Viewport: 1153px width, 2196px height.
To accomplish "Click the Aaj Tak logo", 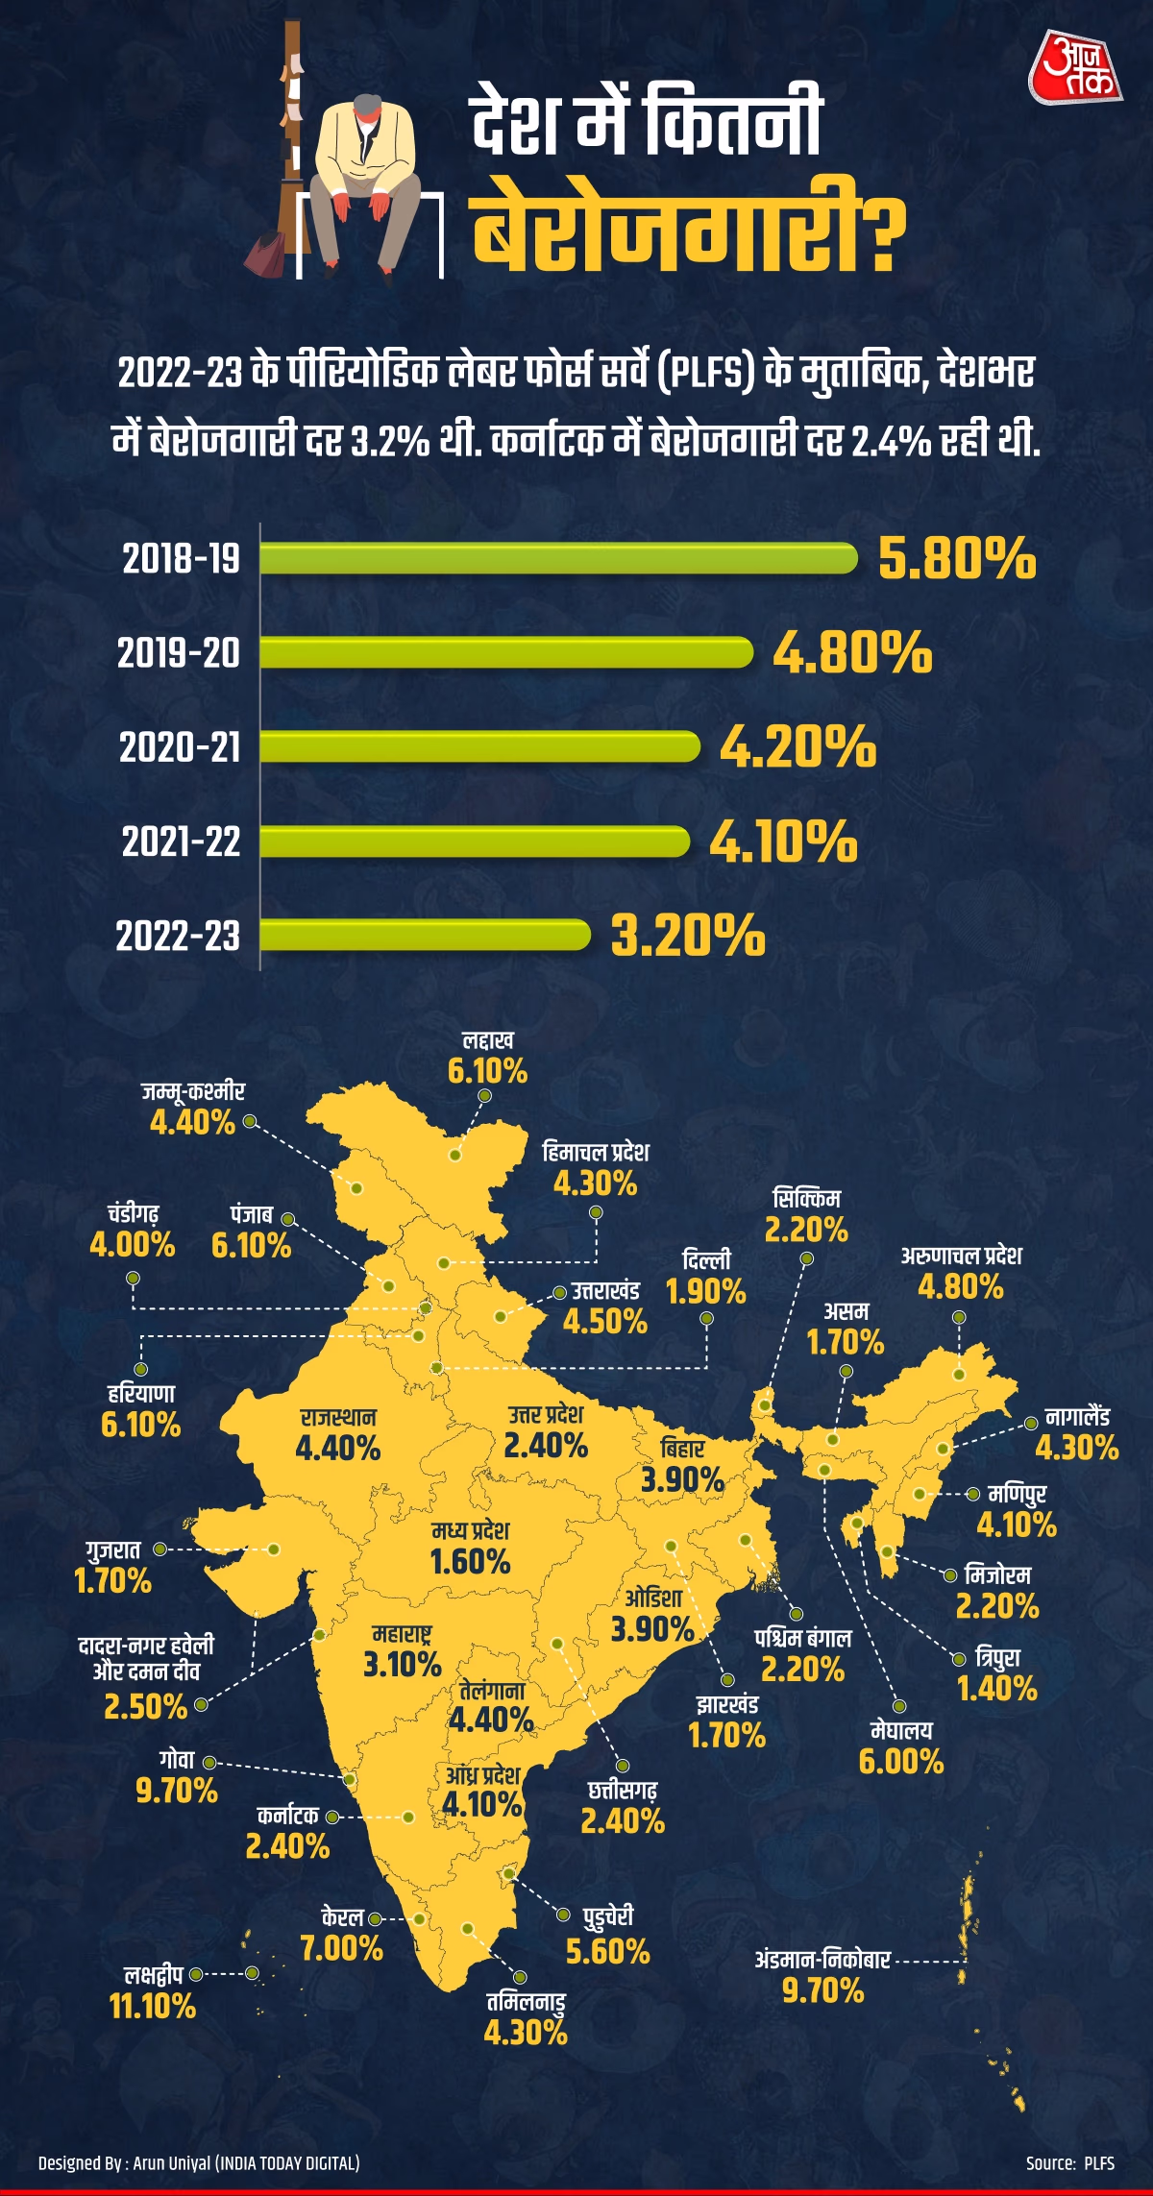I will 1075,70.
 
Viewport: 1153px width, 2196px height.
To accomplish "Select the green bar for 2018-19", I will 557,558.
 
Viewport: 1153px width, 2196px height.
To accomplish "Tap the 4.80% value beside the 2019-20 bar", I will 852,653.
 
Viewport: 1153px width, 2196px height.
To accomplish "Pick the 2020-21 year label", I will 180,747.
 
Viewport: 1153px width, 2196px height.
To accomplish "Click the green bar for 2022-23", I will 425,935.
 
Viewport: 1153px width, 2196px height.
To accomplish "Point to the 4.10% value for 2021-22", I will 783,842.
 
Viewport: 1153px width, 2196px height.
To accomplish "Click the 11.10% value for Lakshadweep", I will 153,2006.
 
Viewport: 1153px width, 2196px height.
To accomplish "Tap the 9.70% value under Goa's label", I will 177,1791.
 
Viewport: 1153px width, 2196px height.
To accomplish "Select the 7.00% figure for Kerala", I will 341,1948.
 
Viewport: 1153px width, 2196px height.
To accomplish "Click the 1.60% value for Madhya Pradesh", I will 470,1561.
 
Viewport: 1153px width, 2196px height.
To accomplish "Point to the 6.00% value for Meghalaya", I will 901,1761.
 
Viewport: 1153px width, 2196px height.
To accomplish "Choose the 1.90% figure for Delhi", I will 706,1292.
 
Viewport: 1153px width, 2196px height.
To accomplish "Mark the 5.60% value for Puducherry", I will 608,1952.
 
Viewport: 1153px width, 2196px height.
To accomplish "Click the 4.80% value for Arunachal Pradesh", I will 960,1286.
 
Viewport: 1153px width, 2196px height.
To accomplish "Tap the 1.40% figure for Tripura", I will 997,1688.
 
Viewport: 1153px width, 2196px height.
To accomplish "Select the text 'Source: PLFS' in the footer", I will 1069,2163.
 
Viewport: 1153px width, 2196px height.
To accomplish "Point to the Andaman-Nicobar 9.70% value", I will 823,1990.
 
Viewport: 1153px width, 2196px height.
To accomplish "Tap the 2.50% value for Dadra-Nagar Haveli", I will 146,1706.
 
